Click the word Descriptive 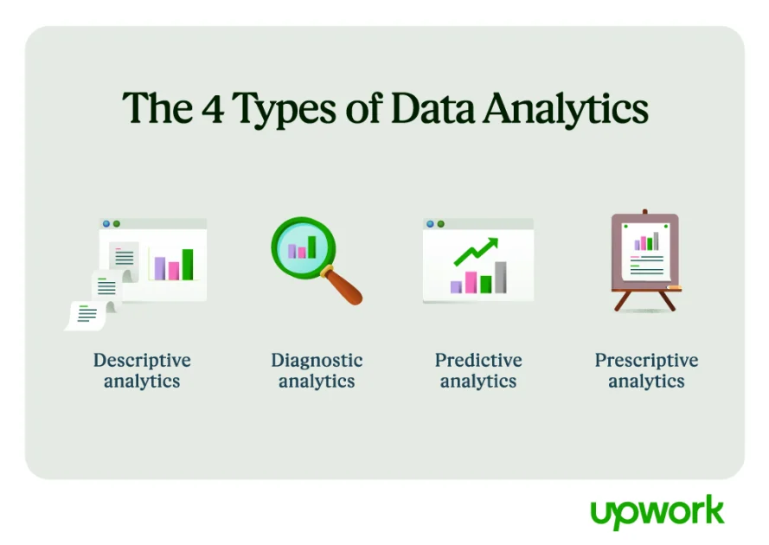click(142, 360)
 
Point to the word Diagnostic click(317, 360)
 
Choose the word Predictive click(478, 360)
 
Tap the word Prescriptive click(646, 360)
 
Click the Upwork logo click(657, 512)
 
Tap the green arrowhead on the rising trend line click(491, 244)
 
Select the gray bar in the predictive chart click(500, 277)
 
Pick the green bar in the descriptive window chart click(188, 265)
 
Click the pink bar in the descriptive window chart click(174, 270)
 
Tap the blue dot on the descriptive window click(106, 223)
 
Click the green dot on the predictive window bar click(441, 223)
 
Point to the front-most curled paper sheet click(87, 315)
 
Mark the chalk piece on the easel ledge click(673, 287)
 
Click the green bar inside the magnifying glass click(311, 247)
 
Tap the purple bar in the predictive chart click(456, 286)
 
